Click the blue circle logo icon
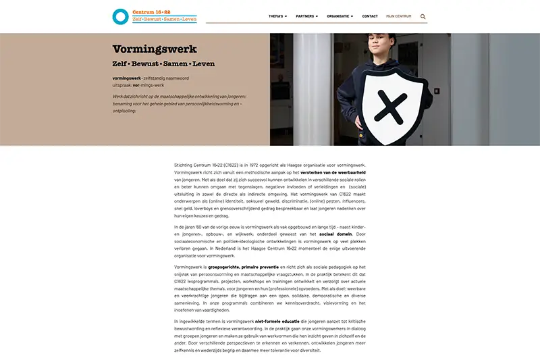point(120,16)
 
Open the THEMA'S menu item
point(277,16)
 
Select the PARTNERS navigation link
point(306,16)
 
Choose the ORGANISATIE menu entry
point(340,16)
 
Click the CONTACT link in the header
point(370,16)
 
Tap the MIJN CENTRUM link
point(398,16)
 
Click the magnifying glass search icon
point(423,16)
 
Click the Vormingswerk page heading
point(155,49)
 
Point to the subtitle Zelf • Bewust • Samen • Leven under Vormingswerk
point(163,64)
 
